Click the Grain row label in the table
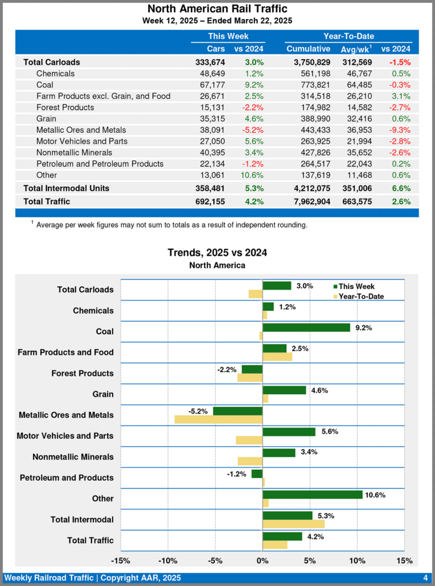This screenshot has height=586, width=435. coord(46,118)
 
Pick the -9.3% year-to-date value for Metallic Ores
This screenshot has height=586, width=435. coord(400,130)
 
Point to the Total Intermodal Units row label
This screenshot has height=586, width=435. coord(66,188)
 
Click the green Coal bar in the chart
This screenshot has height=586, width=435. coord(306,327)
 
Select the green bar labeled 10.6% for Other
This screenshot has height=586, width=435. coord(312,494)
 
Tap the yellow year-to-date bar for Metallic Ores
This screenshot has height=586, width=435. coord(218,419)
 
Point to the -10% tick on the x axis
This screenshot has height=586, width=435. coord(167,561)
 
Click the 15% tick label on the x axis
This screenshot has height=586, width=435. coord(404,561)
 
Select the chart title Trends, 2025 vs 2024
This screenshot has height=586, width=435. coord(217,252)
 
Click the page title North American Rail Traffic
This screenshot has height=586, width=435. coord(217,9)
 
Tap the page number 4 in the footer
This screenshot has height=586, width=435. coord(426,577)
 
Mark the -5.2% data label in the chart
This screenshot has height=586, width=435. coord(198,411)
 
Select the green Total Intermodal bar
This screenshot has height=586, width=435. coord(288,516)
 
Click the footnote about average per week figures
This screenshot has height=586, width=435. coord(171,225)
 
